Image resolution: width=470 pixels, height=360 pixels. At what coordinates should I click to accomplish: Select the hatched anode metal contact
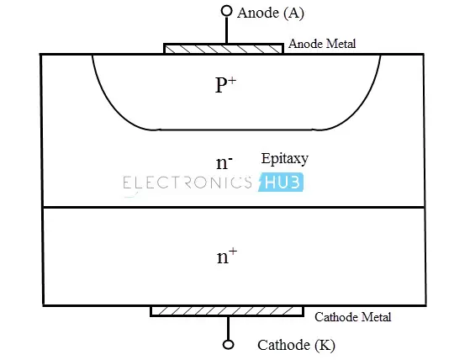point(224,49)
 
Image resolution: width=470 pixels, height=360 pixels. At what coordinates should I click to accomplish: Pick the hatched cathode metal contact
point(227,311)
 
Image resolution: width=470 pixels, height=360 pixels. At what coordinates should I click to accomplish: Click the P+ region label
point(225,85)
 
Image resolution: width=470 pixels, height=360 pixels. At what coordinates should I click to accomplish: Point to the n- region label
point(224,163)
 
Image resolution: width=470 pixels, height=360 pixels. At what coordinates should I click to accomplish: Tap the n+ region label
point(227,257)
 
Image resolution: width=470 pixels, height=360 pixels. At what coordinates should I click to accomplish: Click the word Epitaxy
point(284,159)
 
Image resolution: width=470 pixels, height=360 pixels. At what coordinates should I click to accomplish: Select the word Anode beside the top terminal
point(258,13)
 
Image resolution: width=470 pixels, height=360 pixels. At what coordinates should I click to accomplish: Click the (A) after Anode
point(293,13)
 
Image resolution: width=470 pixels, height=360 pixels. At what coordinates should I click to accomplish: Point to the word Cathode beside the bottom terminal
point(283,345)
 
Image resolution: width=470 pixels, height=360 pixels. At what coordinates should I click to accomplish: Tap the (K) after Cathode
point(325,346)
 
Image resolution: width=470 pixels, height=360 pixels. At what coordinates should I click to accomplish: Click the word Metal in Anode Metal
point(341,44)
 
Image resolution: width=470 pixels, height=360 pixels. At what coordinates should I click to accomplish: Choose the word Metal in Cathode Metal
point(376,317)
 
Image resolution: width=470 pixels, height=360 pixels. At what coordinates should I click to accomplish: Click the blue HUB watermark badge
point(281,183)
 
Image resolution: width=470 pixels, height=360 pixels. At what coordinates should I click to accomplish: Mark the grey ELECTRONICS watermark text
point(187,183)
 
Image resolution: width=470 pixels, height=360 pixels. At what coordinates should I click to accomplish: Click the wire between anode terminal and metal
point(227,30)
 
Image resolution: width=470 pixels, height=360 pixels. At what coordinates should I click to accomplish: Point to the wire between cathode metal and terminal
point(228,328)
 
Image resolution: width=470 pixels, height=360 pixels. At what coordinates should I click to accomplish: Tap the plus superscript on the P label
point(232,81)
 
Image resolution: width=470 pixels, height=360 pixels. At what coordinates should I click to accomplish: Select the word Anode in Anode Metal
point(306,44)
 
